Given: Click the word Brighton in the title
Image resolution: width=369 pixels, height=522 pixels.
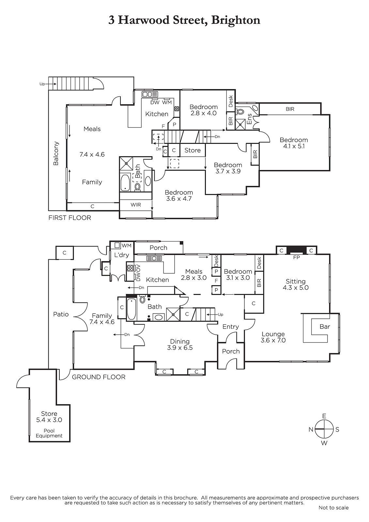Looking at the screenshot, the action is click(x=236, y=20).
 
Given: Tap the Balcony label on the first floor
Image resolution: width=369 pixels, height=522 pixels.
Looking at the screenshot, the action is click(x=56, y=153).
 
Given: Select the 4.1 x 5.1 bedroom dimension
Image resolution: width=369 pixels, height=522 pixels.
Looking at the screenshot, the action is click(x=294, y=146).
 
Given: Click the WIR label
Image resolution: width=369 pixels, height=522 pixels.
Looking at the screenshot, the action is click(x=136, y=205).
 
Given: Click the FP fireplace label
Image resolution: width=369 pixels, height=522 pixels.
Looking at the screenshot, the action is click(x=297, y=257).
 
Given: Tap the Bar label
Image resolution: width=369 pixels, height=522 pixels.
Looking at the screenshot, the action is click(x=325, y=327).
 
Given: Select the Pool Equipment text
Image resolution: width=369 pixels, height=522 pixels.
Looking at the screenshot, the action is click(x=49, y=433).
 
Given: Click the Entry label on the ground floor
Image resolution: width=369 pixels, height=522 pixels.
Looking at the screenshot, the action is click(x=231, y=327).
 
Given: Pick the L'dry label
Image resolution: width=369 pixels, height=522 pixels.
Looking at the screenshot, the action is click(x=122, y=255).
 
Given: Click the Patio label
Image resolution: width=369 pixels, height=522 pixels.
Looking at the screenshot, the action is click(x=61, y=314).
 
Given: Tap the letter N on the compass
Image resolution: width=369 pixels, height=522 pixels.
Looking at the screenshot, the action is click(x=311, y=429).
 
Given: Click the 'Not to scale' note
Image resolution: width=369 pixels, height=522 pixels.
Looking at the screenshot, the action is click(x=333, y=508).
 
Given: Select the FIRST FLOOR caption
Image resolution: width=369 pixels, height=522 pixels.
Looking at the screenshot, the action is click(x=70, y=218).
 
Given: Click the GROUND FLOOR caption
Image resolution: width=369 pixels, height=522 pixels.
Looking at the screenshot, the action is click(x=99, y=377).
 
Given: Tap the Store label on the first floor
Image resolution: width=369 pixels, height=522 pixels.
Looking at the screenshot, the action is click(x=192, y=150).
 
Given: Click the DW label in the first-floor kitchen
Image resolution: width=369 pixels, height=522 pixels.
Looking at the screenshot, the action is click(x=155, y=102).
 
